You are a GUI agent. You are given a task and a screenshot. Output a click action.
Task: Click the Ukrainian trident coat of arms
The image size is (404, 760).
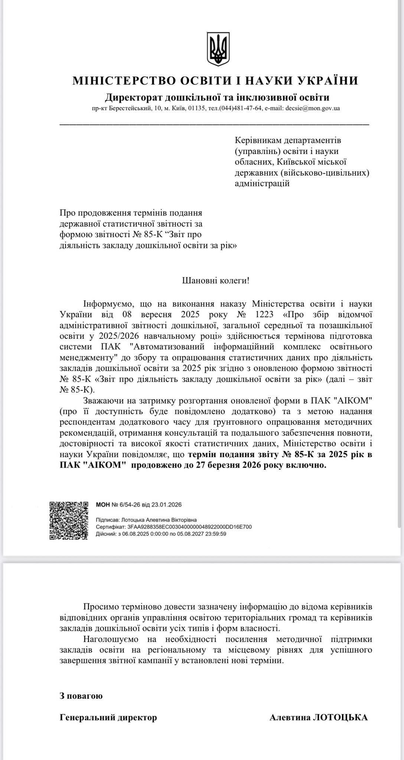pyautogui.click(x=218, y=50)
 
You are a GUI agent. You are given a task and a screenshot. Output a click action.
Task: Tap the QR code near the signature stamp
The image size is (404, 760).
pyautogui.click(x=69, y=520)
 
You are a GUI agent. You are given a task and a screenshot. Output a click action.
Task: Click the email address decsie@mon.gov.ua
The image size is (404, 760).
pyautogui.click(x=312, y=109)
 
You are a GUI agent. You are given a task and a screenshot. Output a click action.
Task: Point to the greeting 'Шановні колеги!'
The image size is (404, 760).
pyautogui.click(x=215, y=281)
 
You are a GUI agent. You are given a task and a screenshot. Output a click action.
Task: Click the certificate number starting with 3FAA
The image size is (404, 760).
pyautogui.click(x=190, y=527)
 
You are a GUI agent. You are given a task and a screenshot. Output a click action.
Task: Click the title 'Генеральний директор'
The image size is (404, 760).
pyautogui.click(x=108, y=718)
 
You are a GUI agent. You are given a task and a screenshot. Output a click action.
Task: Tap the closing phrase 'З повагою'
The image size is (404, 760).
pyautogui.click(x=81, y=696)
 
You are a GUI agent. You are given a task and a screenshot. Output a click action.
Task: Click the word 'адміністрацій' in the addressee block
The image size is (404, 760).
pyautogui.click(x=262, y=183)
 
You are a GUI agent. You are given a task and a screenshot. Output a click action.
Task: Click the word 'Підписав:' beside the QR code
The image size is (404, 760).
pyautogui.click(x=108, y=520)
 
